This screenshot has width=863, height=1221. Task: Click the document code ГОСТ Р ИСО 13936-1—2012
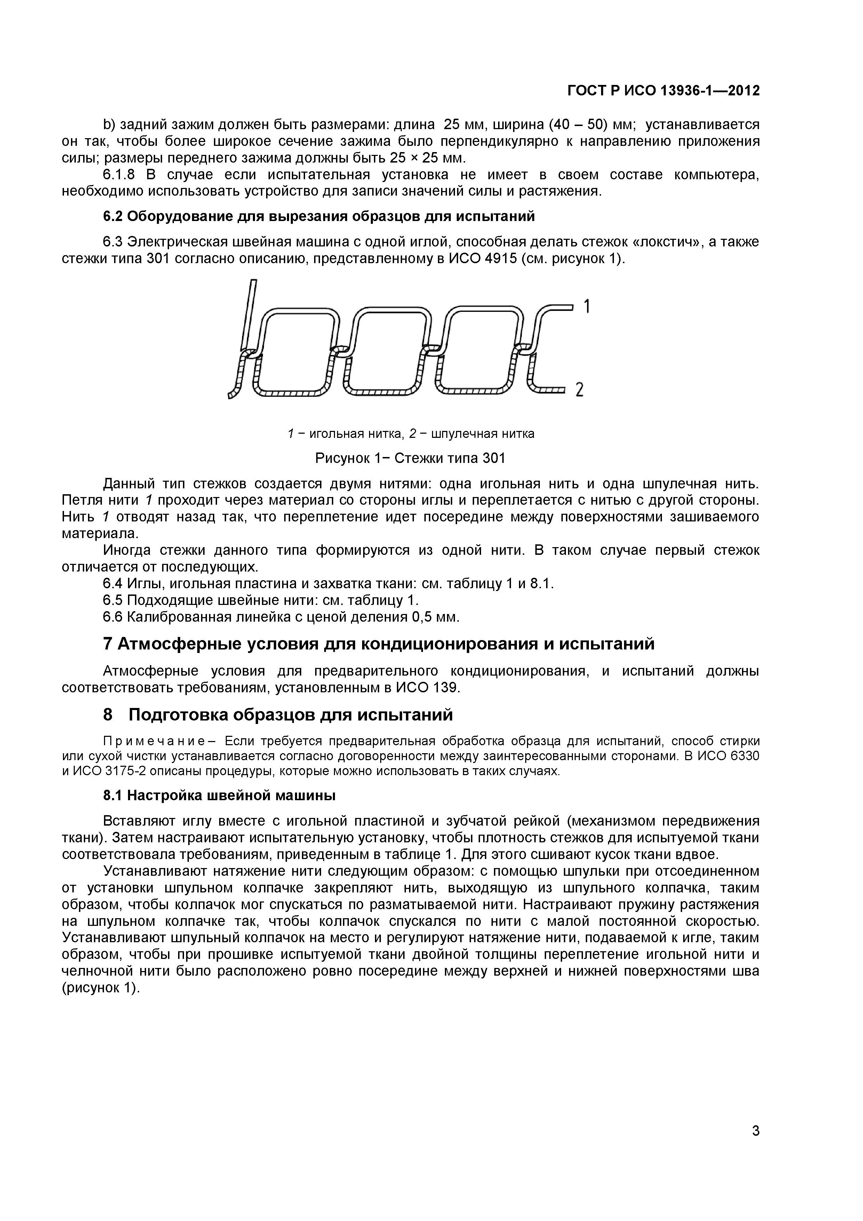pyautogui.click(x=663, y=91)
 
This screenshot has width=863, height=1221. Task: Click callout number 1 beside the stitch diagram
pyautogui.click(x=587, y=307)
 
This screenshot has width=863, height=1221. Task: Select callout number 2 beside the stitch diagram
pyautogui.click(x=580, y=390)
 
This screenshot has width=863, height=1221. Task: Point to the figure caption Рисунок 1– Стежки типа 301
pyautogui.click(x=410, y=458)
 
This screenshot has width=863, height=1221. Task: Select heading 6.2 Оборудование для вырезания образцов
pyautogui.click(x=319, y=216)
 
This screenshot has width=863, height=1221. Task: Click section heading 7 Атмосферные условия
pyautogui.click(x=378, y=644)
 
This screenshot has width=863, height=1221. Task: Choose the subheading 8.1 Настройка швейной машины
pyautogui.click(x=219, y=796)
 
